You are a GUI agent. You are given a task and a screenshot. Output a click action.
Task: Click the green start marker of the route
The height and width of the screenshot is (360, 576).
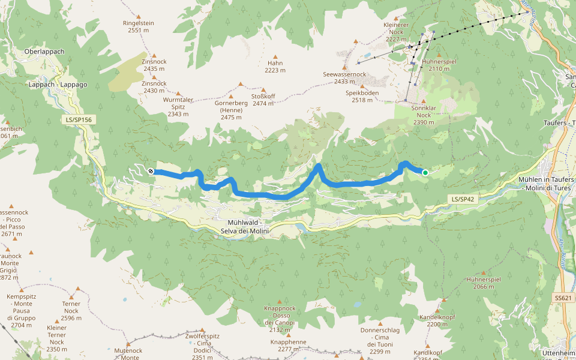point(425,173)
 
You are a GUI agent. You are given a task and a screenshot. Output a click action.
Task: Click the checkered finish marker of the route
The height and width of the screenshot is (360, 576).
point(151,172)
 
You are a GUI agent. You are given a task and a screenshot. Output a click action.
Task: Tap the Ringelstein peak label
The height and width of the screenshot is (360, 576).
point(139,26)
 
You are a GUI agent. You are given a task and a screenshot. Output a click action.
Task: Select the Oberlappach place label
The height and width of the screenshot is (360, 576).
point(44,52)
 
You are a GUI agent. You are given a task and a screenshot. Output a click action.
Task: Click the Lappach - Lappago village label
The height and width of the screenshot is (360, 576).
point(58,85)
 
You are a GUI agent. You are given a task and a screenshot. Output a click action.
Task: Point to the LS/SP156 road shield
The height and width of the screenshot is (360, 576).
point(79,120)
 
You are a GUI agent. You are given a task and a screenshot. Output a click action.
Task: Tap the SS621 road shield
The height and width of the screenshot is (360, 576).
point(563,298)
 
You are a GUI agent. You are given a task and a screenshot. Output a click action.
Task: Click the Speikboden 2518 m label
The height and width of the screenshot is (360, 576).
point(362,97)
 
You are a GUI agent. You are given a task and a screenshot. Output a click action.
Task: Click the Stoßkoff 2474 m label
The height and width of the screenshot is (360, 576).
point(263,100)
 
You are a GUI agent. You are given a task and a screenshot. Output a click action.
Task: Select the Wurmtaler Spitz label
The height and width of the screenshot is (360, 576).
point(178,106)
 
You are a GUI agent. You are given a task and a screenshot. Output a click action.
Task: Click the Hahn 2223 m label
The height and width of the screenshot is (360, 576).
point(275,66)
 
